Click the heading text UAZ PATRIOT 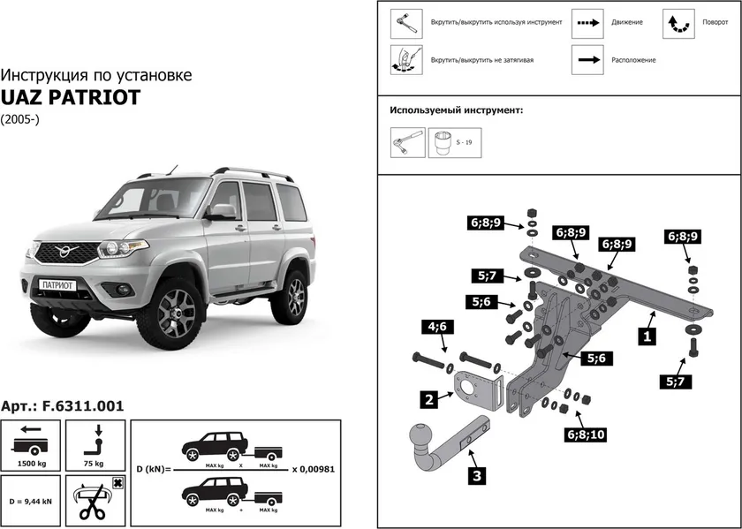pos(70,97)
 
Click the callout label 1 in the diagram pos(647,336)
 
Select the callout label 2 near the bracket pos(428,399)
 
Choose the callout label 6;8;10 pos(581,434)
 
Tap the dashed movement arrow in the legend pos(587,22)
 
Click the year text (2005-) pos(19,118)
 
